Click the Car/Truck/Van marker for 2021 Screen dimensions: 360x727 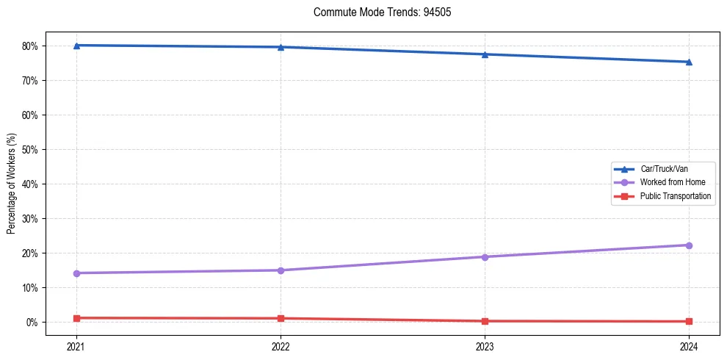76,46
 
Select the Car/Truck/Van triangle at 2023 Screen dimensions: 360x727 485,54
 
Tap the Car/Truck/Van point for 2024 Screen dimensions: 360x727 689,62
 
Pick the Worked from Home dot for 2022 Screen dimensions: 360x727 281,270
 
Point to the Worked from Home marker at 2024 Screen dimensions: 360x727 689,245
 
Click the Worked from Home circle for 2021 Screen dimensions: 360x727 76,273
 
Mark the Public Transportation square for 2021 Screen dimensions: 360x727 76,318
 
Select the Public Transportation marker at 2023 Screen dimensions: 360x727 485,321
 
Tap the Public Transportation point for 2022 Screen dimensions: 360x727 281,318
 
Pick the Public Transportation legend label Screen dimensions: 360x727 675,196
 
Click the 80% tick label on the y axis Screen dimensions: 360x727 31,46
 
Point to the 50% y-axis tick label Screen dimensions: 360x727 31,149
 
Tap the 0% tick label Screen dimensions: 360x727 33,322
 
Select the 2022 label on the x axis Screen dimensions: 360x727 281,346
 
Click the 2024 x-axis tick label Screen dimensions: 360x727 689,346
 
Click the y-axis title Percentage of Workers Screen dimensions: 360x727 11,184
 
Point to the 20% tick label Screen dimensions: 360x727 31,253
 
